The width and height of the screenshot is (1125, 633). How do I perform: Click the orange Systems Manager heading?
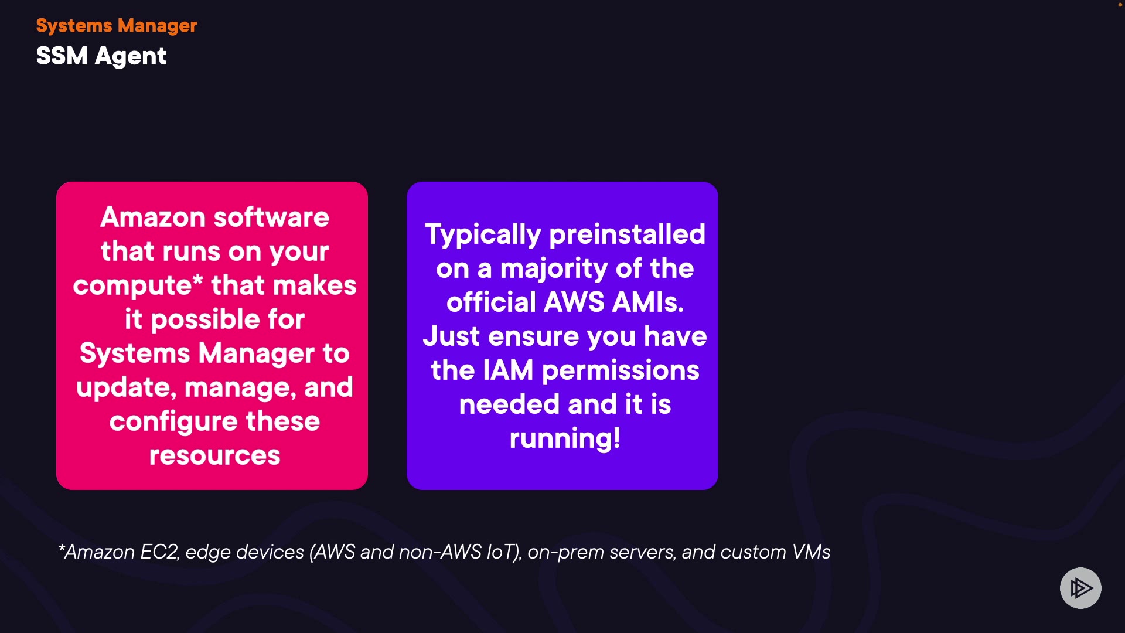pos(116,26)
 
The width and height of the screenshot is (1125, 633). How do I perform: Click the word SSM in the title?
pos(62,56)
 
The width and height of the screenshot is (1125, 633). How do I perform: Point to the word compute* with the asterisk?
pos(138,286)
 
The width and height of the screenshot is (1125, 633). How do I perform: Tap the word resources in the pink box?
pos(214,455)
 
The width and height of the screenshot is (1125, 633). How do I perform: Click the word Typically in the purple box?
pos(483,235)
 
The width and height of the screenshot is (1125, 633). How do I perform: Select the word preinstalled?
pos(627,234)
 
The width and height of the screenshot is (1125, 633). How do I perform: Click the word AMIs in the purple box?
pos(647,302)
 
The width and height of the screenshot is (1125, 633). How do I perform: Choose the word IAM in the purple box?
pos(508,370)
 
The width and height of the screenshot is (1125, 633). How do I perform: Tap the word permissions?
pos(621,371)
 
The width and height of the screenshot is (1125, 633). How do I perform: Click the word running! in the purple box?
pos(565,439)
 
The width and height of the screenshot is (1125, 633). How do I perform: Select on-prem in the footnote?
pos(565,552)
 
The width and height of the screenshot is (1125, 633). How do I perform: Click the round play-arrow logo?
pos(1080,588)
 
